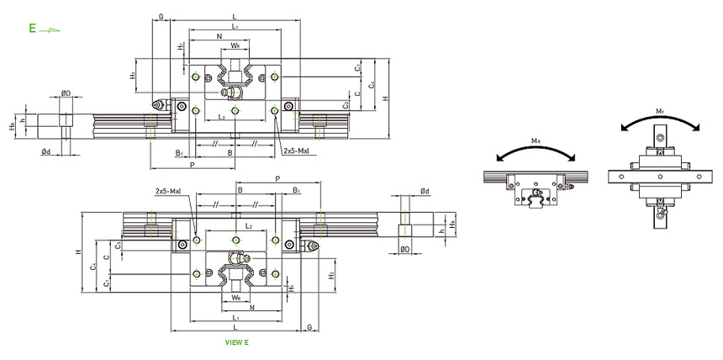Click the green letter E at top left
[32, 28]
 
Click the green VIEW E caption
[238, 342]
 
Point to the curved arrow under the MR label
[536, 153]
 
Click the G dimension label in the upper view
[160, 16]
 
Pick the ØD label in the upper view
[65, 94]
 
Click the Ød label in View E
[425, 191]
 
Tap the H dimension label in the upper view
[385, 99]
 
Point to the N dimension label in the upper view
[219, 37]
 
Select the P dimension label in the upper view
[193, 165]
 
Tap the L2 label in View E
[249, 227]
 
